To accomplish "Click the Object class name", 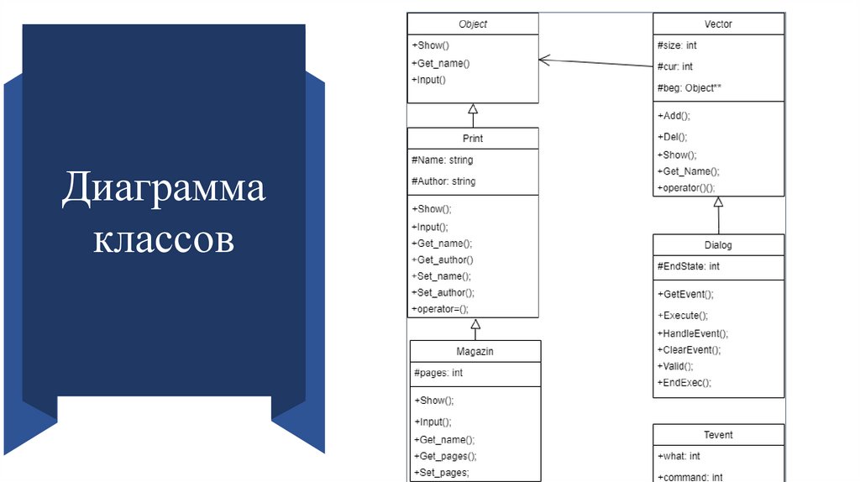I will [473, 24].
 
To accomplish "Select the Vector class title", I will [718, 24].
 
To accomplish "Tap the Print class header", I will [473, 139].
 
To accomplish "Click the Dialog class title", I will [718, 245].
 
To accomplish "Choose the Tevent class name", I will [718, 435].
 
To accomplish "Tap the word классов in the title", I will [163, 239].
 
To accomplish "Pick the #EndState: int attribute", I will [689, 266].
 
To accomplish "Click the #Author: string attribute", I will [443, 181].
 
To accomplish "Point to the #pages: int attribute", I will [438, 373].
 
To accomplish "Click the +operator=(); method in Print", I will [440, 309].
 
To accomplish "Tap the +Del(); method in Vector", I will [673, 136].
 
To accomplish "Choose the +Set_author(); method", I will [445, 292].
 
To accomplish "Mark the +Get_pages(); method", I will [446, 456].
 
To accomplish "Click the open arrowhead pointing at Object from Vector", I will [543, 60].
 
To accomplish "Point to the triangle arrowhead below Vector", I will [718, 202].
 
